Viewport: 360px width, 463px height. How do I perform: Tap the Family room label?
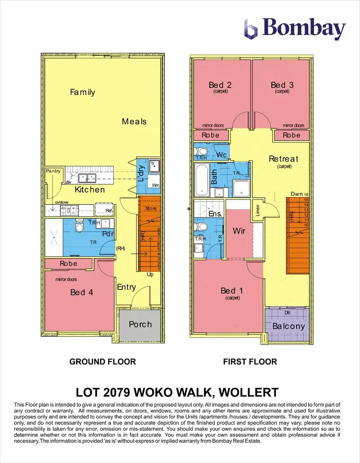(83, 92)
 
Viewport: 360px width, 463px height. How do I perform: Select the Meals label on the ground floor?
(134, 121)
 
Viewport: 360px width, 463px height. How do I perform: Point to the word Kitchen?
(90, 190)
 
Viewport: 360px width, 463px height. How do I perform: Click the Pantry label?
(52, 171)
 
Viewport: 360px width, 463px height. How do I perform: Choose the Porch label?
(140, 324)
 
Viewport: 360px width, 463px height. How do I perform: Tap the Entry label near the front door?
(127, 287)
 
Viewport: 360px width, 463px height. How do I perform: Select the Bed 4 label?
(78, 292)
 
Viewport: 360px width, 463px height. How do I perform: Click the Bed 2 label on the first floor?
(220, 85)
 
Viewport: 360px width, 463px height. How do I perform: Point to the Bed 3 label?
(282, 85)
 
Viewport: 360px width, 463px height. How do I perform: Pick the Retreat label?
(283, 159)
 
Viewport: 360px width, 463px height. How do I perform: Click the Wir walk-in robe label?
(240, 231)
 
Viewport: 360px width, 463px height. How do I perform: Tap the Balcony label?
(288, 326)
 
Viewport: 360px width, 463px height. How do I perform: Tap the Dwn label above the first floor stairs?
(296, 194)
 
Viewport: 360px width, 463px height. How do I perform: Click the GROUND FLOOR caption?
(103, 361)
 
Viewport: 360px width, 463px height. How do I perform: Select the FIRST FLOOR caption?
(250, 361)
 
